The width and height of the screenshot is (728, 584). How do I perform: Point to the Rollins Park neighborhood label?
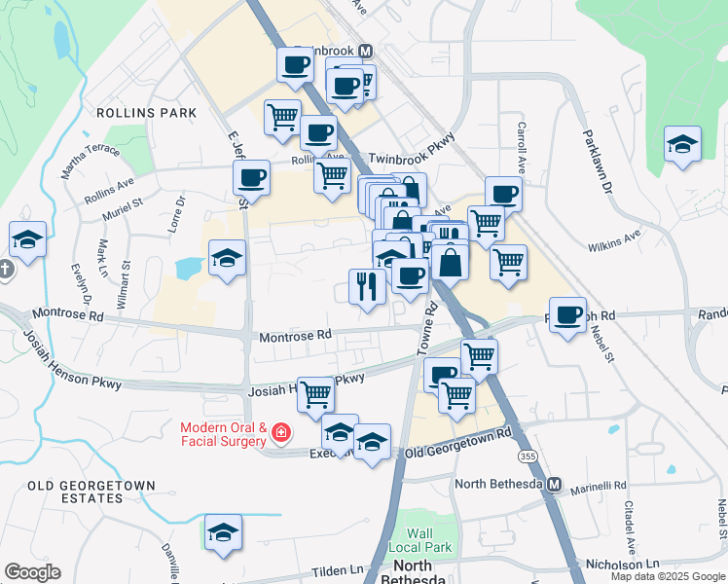146,113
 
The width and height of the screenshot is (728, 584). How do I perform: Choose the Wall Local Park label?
419,540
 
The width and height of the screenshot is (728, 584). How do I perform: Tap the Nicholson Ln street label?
623,564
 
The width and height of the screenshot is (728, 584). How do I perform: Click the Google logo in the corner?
32,572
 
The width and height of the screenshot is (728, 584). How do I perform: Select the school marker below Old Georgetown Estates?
223,531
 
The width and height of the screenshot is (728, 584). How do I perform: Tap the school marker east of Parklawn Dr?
682,144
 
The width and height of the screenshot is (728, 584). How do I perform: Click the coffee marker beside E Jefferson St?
251,178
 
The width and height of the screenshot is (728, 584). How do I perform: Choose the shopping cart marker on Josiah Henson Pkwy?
315,395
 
